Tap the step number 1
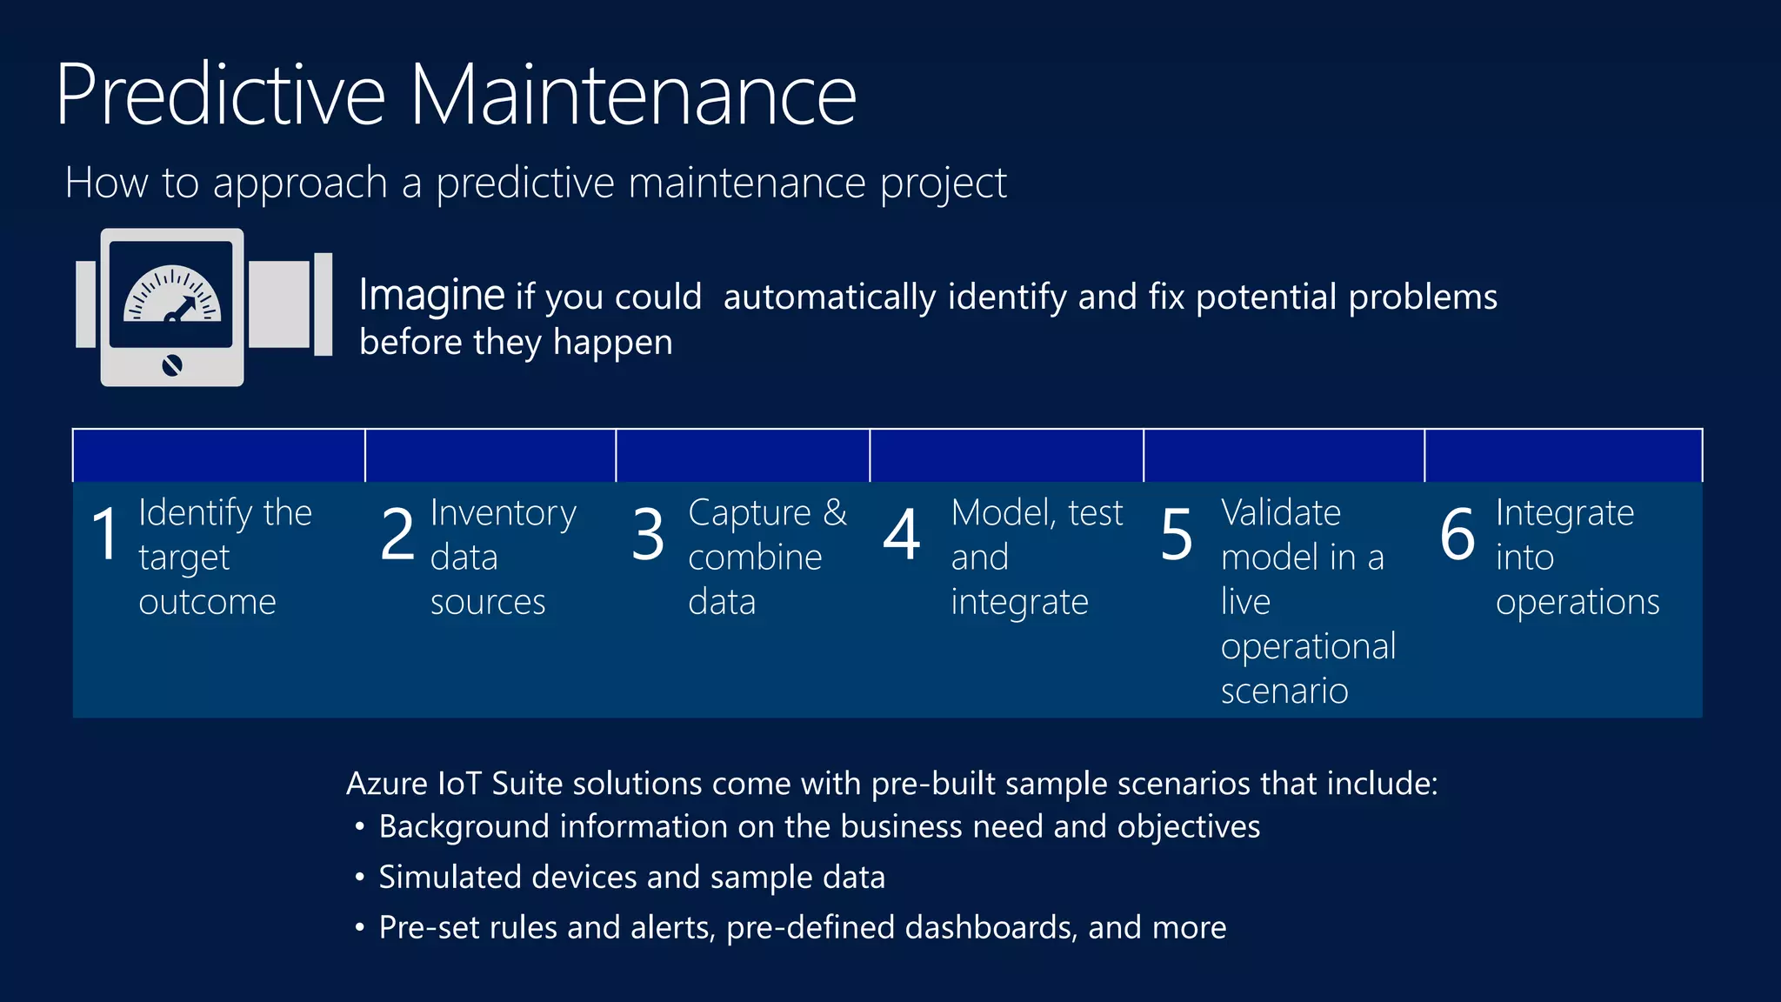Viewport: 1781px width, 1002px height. coord(105,534)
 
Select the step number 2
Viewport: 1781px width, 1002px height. coord(397,534)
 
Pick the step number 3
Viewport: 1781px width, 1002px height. coord(648,534)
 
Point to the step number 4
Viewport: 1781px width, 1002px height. coord(902,534)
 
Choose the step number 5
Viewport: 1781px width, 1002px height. coord(1177,534)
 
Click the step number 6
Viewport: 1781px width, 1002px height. coord(1457,534)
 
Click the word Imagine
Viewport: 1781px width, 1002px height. coord(431,296)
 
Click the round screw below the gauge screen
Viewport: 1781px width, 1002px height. coord(172,365)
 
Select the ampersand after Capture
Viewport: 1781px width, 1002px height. coord(835,512)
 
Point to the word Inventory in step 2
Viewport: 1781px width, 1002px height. coord(503,513)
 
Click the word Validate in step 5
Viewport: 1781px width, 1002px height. coord(1280,513)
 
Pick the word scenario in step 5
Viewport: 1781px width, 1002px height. coord(1284,691)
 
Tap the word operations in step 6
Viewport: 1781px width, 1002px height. coord(1577,603)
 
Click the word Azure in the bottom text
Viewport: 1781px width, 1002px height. coord(387,784)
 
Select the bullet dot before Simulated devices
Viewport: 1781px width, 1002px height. coord(359,877)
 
